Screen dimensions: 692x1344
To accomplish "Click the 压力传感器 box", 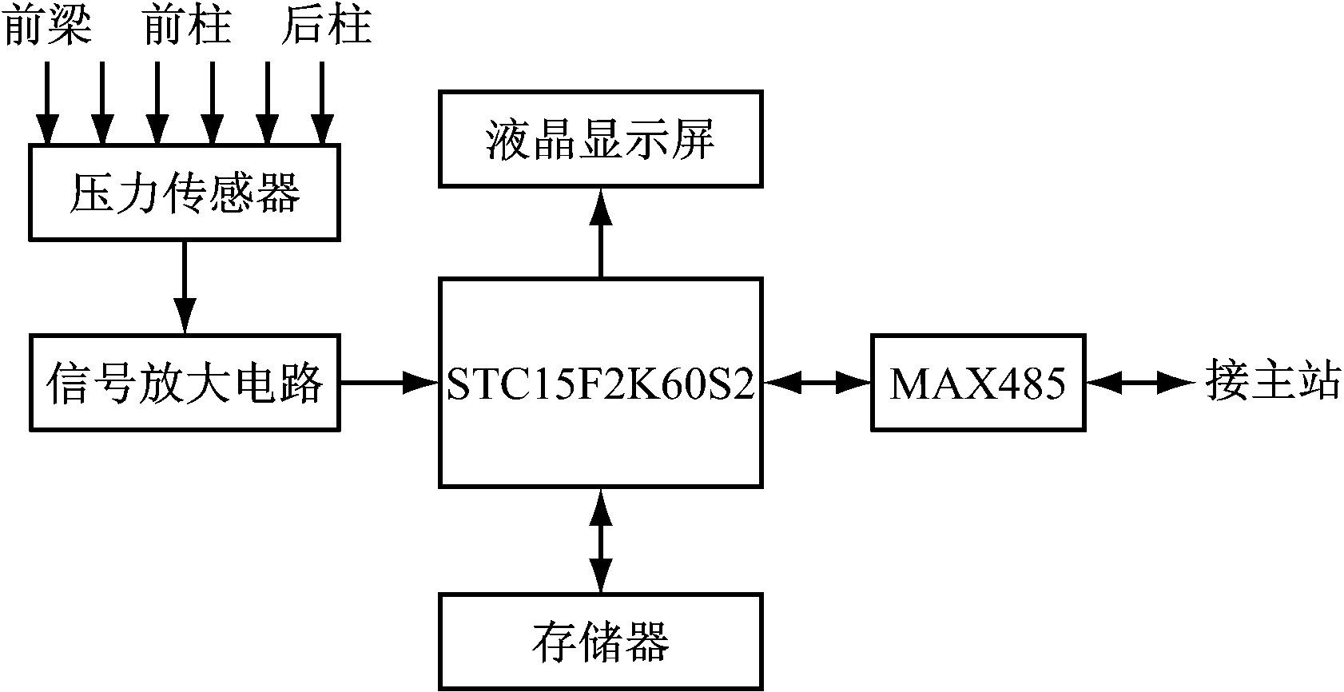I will [x=185, y=193].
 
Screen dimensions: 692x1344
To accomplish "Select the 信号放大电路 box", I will [x=185, y=383].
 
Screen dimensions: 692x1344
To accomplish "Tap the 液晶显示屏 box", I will [x=600, y=139].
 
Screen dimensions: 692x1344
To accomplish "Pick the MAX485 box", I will [x=978, y=384].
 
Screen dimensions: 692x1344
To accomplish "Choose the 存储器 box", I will [x=600, y=641].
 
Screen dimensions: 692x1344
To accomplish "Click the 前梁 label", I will [x=48, y=26].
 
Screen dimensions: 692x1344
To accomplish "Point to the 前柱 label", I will [x=186, y=26].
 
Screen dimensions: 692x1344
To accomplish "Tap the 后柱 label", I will [x=326, y=26].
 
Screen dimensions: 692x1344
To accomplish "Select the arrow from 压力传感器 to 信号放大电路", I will [x=185, y=287].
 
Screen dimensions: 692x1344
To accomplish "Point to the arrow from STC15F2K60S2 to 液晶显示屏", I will [x=600, y=233].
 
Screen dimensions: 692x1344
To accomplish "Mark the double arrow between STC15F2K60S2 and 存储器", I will [x=600, y=539].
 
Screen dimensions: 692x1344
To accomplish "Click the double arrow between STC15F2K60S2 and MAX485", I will [x=816, y=384].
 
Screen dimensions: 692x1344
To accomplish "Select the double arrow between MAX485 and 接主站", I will [x=1139, y=384].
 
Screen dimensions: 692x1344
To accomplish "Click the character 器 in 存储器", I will [x=646, y=641].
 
